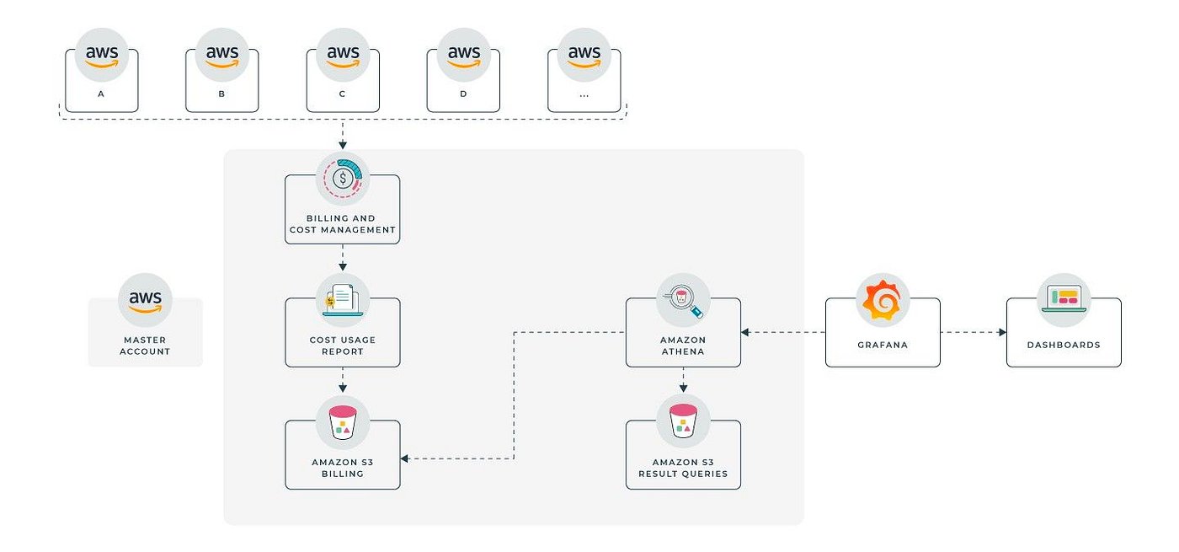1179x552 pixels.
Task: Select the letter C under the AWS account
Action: tap(342, 94)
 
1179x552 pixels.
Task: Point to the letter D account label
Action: tap(463, 94)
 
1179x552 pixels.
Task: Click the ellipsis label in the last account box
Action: tap(584, 94)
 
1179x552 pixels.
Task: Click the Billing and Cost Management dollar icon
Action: tap(343, 179)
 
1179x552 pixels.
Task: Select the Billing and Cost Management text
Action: tap(343, 224)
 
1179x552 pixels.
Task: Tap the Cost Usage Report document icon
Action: tap(342, 300)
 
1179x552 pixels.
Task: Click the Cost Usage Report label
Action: tap(343, 346)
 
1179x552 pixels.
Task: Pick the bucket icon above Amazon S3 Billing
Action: tap(343, 421)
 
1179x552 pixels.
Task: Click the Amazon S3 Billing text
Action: tap(343, 468)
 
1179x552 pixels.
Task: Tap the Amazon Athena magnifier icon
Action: tap(683, 300)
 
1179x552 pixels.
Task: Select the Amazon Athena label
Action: tap(683, 346)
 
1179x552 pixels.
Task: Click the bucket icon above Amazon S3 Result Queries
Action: tap(683, 421)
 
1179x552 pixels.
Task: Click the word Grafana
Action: tap(883, 346)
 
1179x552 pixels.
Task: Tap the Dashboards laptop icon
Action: tap(1064, 299)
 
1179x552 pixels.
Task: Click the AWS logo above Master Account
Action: tap(145, 300)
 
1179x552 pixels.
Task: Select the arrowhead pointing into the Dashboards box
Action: tap(1002, 332)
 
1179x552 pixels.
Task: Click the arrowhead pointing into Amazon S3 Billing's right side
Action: tap(405, 458)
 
